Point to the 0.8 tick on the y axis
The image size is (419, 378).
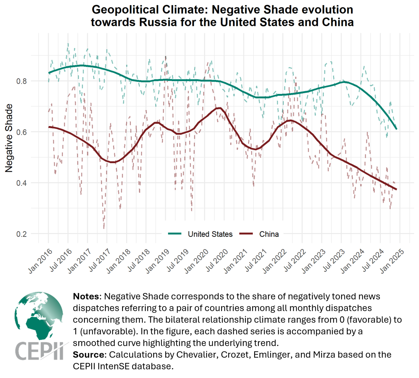pos(21,81)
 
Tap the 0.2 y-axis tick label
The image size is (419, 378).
pos(21,234)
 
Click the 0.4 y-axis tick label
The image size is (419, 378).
pos(21,183)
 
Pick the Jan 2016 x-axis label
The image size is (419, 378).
pos(40,261)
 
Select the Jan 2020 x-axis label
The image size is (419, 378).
pos(196,261)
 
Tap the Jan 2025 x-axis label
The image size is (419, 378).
pos(392,261)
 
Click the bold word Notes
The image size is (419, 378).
pos(86,296)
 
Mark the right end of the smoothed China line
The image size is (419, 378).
pos(396,189)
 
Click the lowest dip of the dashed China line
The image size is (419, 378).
pos(104,228)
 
